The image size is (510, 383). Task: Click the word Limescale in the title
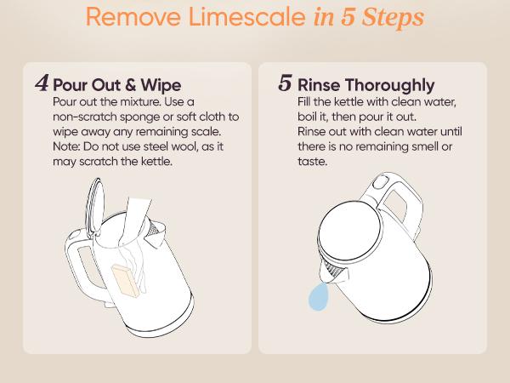coord(246,17)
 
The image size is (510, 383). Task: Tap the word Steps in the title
coord(393,18)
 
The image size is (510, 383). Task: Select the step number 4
coord(42,83)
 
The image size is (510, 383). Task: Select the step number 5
coord(286,83)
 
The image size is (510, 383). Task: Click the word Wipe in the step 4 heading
coord(161,85)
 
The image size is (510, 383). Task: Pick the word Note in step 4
coord(66,146)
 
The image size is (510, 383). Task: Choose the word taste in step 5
coord(312,162)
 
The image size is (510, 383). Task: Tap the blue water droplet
coord(318,296)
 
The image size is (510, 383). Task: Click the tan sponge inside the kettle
coord(126,280)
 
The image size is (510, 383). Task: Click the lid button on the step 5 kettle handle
coord(381,181)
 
